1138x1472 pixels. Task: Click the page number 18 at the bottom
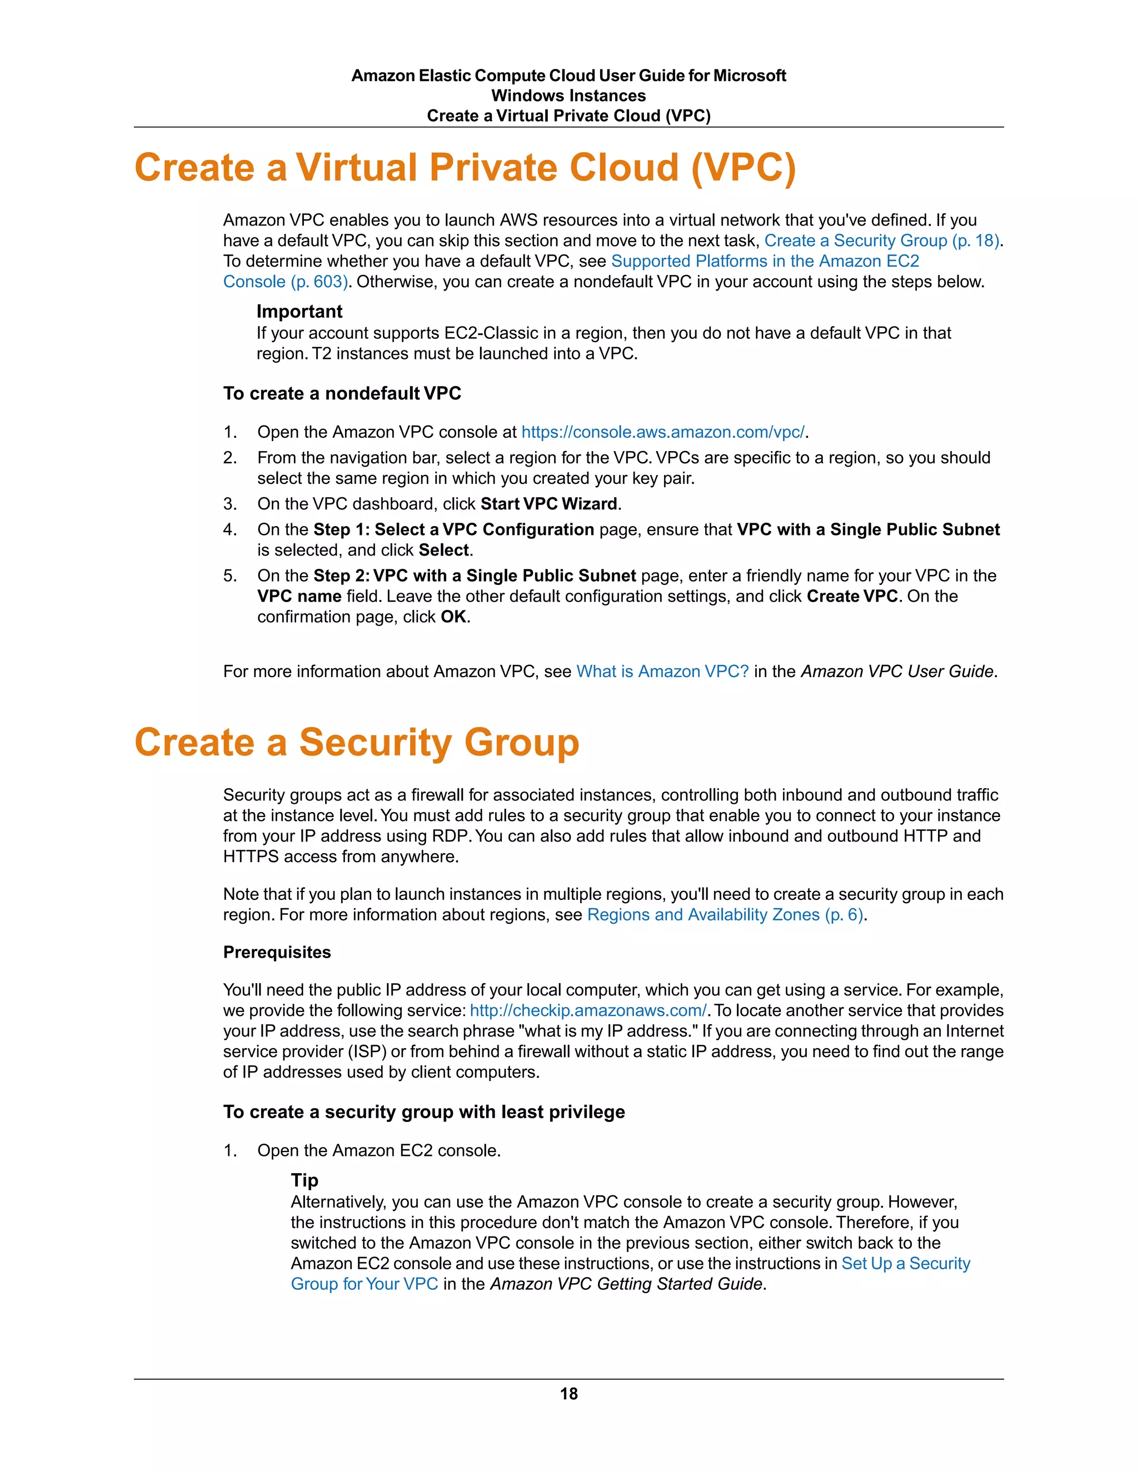(568, 1393)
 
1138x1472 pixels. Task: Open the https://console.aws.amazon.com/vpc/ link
(663, 432)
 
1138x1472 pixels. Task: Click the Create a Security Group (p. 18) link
(881, 241)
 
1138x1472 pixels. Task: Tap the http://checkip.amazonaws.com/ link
(588, 1010)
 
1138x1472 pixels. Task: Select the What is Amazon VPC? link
(662, 672)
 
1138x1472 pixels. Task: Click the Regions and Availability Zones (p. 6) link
(725, 915)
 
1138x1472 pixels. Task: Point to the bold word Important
(300, 312)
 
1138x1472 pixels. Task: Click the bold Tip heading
(304, 1180)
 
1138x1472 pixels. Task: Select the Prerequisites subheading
(277, 952)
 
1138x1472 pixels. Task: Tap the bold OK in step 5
(453, 617)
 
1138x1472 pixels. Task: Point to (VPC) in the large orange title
(743, 167)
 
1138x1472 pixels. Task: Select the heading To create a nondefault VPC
(342, 394)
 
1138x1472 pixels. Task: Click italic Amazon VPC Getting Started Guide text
(627, 1284)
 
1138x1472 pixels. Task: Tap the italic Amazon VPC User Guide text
(897, 672)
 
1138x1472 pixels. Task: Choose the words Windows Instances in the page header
(568, 96)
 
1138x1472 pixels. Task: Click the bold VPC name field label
(300, 597)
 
